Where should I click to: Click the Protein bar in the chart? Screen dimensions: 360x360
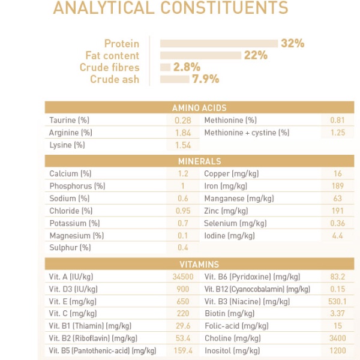pos(220,43)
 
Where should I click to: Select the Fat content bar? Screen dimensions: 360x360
pos(201,55)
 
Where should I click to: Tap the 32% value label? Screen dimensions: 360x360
pos(293,43)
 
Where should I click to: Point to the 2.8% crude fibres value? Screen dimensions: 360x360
pos(187,67)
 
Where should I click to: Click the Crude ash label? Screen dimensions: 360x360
pos(115,79)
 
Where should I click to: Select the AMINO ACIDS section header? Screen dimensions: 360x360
pos(199,108)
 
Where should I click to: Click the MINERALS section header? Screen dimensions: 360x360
pos(199,161)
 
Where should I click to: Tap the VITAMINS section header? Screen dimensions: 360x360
pos(199,265)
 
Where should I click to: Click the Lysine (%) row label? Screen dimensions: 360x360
pos(67,145)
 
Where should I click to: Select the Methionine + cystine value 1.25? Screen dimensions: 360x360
pos(338,133)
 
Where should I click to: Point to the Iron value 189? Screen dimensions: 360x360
pos(338,186)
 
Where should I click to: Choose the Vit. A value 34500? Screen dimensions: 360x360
pos(182,277)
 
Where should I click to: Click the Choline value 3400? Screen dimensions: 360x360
pos(338,338)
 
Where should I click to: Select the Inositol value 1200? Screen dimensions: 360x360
pos(338,350)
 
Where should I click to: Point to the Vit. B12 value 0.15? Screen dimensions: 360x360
pos(338,289)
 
